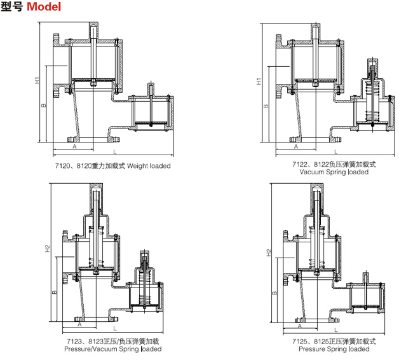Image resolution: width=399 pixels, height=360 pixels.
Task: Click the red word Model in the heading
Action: click(x=44, y=8)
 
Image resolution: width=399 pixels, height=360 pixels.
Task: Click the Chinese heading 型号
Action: click(x=12, y=8)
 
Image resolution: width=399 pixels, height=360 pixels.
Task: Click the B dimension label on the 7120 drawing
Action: click(x=44, y=105)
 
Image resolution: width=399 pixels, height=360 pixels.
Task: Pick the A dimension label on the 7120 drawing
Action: click(x=74, y=146)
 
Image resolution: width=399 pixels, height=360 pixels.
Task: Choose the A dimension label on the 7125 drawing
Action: click(x=299, y=324)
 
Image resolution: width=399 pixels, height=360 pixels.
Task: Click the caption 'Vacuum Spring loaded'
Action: click(x=334, y=172)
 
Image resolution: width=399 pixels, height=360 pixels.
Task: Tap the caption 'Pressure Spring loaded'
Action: click(x=334, y=349)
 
